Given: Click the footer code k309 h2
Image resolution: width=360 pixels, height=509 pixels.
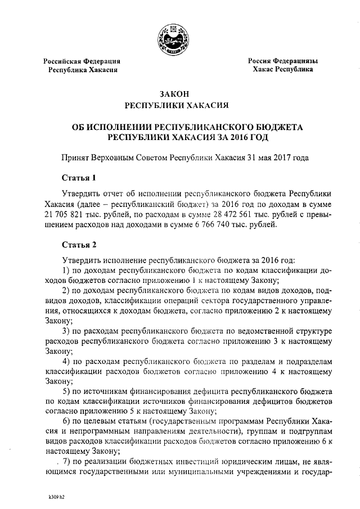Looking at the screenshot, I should (x=56, y=497).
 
